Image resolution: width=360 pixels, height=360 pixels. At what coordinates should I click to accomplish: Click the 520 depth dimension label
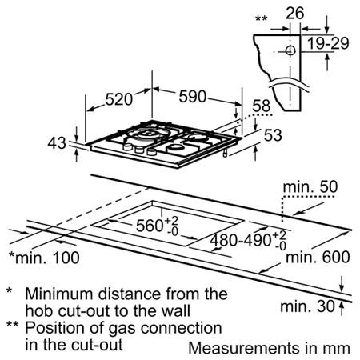(x=119, y=99)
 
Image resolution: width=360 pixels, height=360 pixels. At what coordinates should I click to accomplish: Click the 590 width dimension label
(x=193, y=96)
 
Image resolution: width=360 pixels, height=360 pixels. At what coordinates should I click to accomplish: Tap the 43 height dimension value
(x=57, y=142)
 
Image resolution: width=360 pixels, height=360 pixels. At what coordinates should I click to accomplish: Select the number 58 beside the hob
(x=262, y=106)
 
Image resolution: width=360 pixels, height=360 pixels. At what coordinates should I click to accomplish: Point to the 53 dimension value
(x=273, y=135)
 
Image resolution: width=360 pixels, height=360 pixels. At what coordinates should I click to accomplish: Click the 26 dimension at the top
(x=294, y=13)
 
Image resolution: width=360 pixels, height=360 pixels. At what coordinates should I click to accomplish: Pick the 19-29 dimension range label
(x=328, y=43)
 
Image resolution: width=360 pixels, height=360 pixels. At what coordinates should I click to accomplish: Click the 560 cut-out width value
(x=150, y=226)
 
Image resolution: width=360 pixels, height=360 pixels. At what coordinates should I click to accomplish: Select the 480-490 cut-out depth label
(x=240, y=240)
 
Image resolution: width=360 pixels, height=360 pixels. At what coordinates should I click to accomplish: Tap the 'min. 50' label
(x=310, y=187)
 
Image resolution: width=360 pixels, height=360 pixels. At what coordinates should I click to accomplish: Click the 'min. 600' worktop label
(x=318, y=257)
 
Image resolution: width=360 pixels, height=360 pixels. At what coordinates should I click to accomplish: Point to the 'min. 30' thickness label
(x=307, y=306)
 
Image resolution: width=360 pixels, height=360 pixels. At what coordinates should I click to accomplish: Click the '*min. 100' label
(x=44, y=258)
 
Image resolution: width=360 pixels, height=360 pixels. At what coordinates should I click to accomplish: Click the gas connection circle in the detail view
(x=290, y=50)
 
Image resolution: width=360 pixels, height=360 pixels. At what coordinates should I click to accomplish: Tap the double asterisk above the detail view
(x=261, y=18)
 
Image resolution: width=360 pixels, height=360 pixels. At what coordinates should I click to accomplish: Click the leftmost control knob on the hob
(x=128, y=146)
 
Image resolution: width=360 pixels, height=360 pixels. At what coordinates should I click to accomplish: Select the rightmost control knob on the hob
(x=151, y=152)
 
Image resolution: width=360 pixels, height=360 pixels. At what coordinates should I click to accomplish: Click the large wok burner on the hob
(x=147, y=133)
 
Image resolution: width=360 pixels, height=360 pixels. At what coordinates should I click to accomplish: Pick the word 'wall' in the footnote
(x=176, y=310)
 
